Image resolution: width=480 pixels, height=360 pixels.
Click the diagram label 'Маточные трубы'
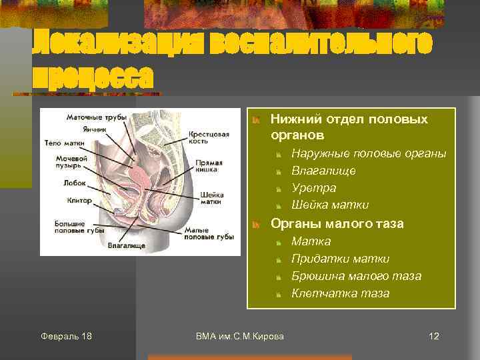96,118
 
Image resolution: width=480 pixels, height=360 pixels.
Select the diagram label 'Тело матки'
65,143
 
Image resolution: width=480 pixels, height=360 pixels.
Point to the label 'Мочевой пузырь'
72,163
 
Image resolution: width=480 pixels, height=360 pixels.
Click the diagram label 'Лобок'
74,182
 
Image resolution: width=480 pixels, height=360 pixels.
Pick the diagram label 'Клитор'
79,199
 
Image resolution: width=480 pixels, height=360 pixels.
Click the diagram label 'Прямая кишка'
205,166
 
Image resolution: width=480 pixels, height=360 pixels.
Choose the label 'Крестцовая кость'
209,137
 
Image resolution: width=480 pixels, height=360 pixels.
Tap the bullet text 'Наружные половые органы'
369,153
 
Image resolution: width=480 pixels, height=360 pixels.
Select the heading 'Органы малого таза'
337,223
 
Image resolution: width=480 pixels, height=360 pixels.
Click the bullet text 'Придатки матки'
340,259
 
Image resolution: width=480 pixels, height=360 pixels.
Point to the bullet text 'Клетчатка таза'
340,293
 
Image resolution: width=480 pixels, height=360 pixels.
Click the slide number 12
434,336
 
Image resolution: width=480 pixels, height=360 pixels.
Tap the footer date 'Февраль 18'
66,336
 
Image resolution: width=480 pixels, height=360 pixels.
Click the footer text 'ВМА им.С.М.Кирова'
240,336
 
